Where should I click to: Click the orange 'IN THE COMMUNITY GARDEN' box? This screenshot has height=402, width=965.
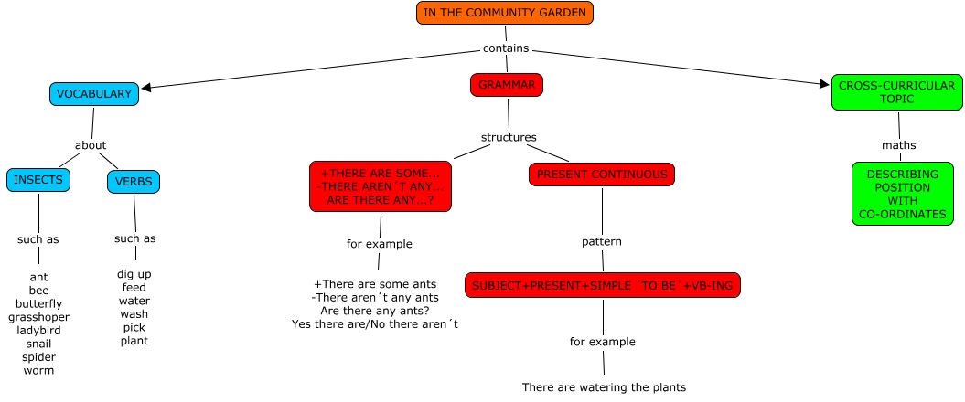(505, 13)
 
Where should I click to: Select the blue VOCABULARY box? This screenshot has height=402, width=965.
(93, 94)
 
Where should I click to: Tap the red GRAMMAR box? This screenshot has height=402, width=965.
(507, 85)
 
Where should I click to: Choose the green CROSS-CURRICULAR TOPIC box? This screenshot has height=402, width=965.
(896, 92)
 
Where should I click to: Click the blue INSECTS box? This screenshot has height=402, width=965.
(38, 180)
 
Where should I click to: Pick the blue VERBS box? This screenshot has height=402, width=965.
(134, 181)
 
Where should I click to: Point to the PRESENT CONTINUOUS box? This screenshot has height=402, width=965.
(601, 174)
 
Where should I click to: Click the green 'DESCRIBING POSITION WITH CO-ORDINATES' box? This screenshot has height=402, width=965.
(903, 194)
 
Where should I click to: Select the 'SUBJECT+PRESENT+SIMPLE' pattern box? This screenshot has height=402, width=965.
(602, 285)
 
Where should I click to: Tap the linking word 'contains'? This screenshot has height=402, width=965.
(505, 48)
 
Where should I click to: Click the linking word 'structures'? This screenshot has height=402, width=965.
(509, 138)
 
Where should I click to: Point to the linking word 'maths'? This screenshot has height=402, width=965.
(898, 145)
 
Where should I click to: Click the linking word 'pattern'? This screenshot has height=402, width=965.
(602, 242)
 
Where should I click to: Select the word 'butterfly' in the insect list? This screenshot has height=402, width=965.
(38, 304)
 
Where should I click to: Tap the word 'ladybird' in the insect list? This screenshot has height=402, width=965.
(38, 331)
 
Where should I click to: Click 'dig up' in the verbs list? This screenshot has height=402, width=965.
(134, 274)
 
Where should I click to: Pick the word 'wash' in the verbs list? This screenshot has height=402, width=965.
(134, 314)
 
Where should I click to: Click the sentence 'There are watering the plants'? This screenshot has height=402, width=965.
(604, 387)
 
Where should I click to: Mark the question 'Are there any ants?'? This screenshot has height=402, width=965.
(374, 311)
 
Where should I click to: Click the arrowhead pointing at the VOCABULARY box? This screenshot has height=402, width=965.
(146, 88)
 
